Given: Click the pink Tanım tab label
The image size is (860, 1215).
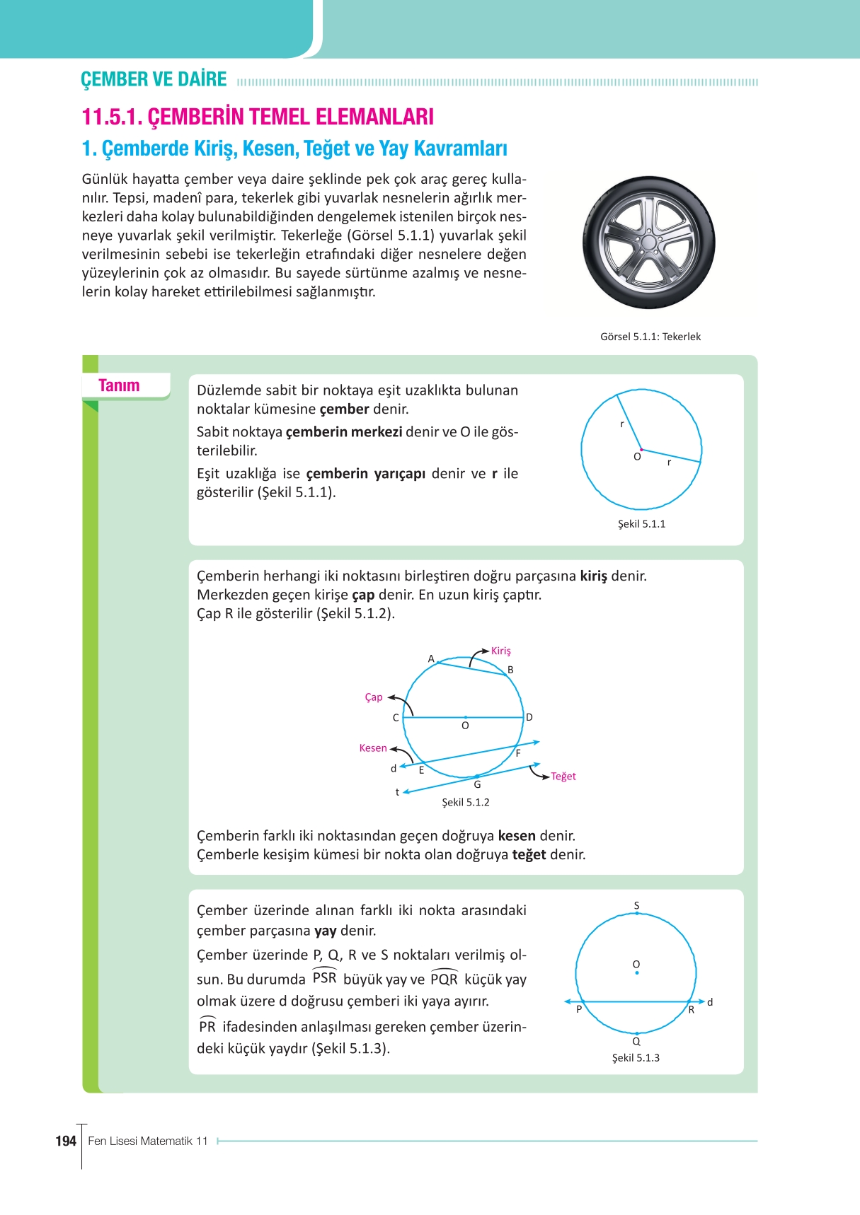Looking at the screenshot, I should click(x=119, y=385).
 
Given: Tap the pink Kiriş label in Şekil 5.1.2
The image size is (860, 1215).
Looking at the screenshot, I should click(x=500, y=651).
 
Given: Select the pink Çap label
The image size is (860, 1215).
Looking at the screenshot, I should click(x=373, y=697).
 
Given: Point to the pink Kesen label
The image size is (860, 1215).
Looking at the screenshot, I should click(x=373, y=748).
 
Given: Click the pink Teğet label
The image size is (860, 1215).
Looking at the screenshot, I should click(x=563, y=777).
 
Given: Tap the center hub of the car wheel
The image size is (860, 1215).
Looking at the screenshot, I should click(x=648, y=243).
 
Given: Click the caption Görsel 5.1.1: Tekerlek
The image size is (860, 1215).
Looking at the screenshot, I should click(x=650, y=337).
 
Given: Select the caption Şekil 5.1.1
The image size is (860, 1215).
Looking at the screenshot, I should click(x=641, y=524).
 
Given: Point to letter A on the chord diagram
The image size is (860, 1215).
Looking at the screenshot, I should click(x=431, y=658).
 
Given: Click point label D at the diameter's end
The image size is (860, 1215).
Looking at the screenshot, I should click(x=529, y=717).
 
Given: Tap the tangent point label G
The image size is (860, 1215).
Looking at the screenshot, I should click(x=477, y=784).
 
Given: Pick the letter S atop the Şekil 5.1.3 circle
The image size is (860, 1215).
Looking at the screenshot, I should click(x=636, y=905).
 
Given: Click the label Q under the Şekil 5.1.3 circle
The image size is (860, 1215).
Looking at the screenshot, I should click(x=636, y=1041).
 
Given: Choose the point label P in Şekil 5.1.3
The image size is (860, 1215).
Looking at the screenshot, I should click(x=579, y=1009).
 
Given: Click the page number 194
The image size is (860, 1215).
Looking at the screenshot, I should click(x=66, y=1141).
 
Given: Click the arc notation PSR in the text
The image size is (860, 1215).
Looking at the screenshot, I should click(x=324, y=978).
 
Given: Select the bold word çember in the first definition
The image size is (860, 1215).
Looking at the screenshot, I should click(x=344, y=409).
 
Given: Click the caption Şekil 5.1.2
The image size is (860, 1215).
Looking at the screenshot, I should click(x=465, y=802).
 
